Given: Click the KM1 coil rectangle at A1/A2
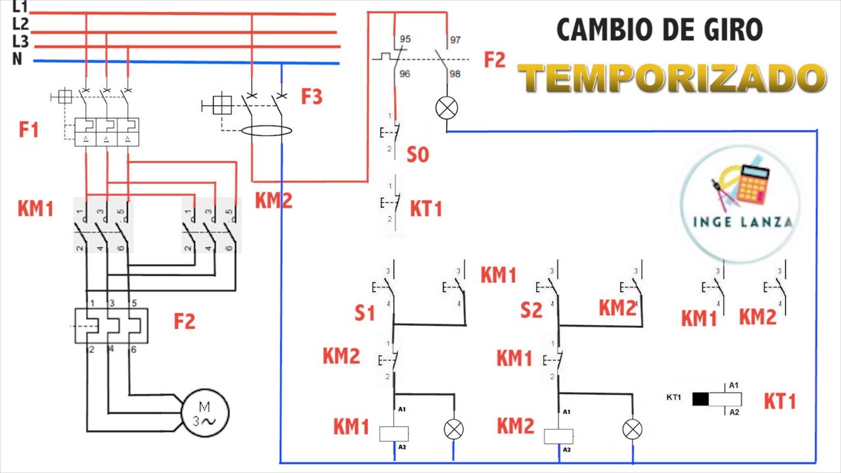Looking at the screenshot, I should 394,433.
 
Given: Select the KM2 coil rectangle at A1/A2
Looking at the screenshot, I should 558,436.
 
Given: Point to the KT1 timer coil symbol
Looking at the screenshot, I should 717,399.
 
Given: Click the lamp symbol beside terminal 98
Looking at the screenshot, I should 447,108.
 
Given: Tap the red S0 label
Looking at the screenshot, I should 418,155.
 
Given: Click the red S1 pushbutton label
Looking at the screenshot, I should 365,313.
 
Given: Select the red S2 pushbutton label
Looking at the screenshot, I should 531,309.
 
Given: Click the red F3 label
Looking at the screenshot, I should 312,97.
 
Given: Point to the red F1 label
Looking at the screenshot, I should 29,129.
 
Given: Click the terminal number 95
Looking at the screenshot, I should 405,40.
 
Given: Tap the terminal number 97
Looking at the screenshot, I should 455,40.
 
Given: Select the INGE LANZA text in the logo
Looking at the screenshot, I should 742,222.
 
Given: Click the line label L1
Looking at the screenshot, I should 20,8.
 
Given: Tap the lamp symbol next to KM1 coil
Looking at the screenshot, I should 453,430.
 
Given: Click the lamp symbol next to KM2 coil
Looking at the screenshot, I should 632,430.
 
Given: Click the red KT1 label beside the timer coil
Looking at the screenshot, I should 780,401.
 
